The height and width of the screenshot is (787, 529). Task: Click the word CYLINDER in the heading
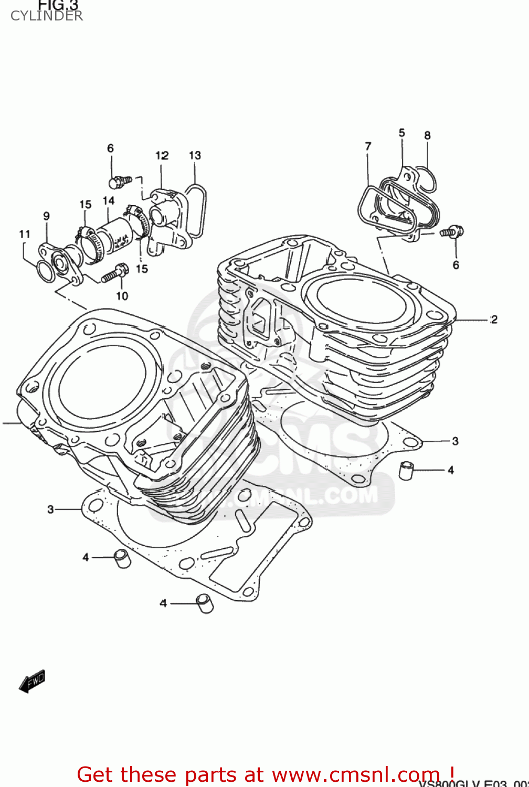point(46,16)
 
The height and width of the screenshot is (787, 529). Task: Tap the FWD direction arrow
point(32,681)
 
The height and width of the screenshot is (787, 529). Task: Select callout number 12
point(162,155)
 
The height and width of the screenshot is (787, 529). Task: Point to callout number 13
point(195,155)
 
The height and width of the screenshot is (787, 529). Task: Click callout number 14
point(109,200)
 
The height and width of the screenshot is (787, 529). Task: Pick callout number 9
point(46,216)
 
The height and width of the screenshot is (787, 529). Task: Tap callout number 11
point(25,234)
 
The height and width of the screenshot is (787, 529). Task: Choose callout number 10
point(122,296)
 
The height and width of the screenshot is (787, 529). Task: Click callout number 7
point(368,146)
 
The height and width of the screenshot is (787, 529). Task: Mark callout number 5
point(401,133)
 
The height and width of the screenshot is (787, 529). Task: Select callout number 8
point(427,135)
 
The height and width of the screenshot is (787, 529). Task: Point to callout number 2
point(493,319)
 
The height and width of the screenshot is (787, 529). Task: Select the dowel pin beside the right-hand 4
point(406,470)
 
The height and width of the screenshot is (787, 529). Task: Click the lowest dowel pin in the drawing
point(204,603)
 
